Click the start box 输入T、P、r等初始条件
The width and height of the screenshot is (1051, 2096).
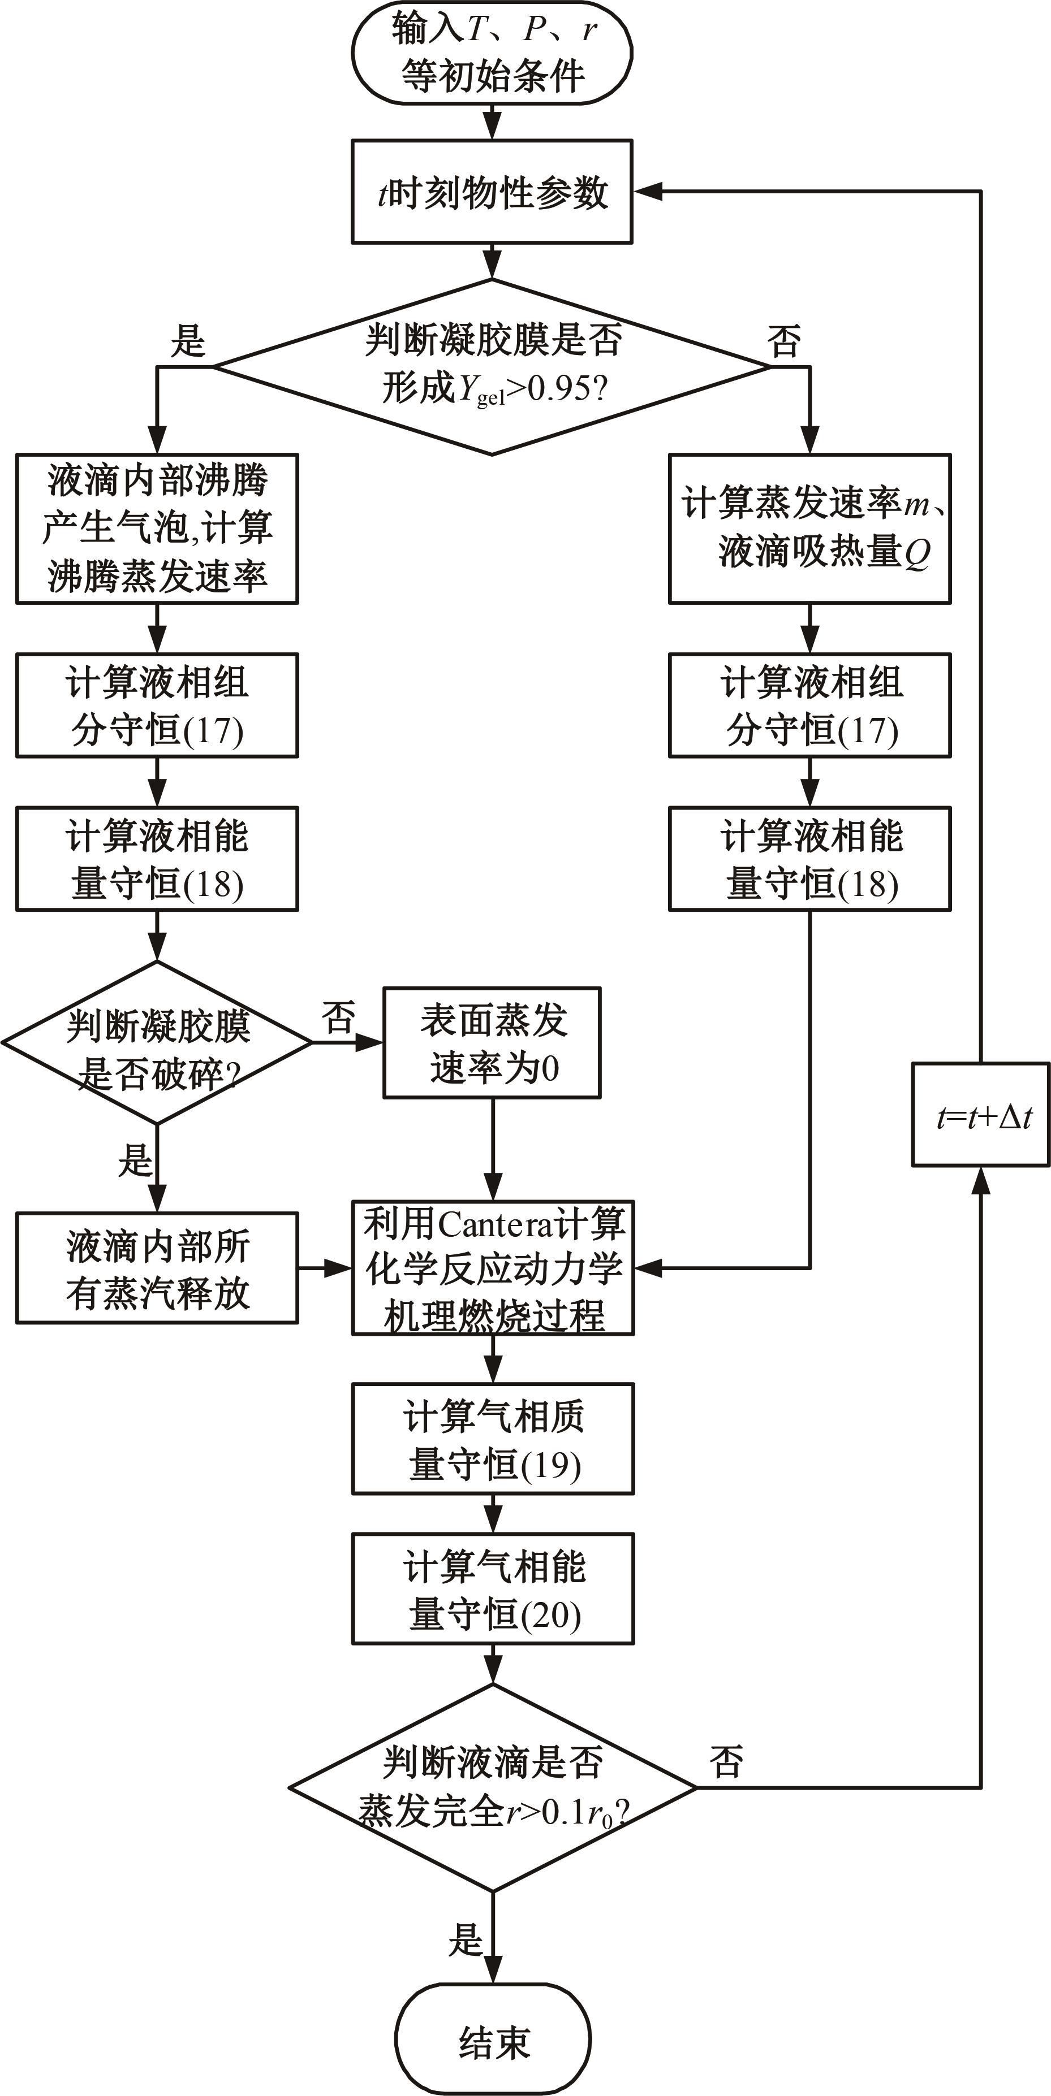coord(492,53)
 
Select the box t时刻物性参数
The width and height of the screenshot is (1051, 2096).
coord(492,192)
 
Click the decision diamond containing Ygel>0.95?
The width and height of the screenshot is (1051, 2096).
coord(492,366)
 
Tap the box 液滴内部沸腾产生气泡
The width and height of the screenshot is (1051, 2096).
coord(157,528)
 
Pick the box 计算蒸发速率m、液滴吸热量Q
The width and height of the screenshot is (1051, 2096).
coord(809,528)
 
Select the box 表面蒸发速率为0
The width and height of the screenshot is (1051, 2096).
coord(492,1042)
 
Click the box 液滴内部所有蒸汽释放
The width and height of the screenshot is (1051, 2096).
coord(157,1268)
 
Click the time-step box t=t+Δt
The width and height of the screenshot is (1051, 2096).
coord(981,1115)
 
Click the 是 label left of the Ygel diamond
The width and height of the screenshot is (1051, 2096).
coord(187,340)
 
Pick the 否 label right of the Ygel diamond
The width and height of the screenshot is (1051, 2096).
coord(783,340)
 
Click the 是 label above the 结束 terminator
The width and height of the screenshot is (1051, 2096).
coord(466,1940)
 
